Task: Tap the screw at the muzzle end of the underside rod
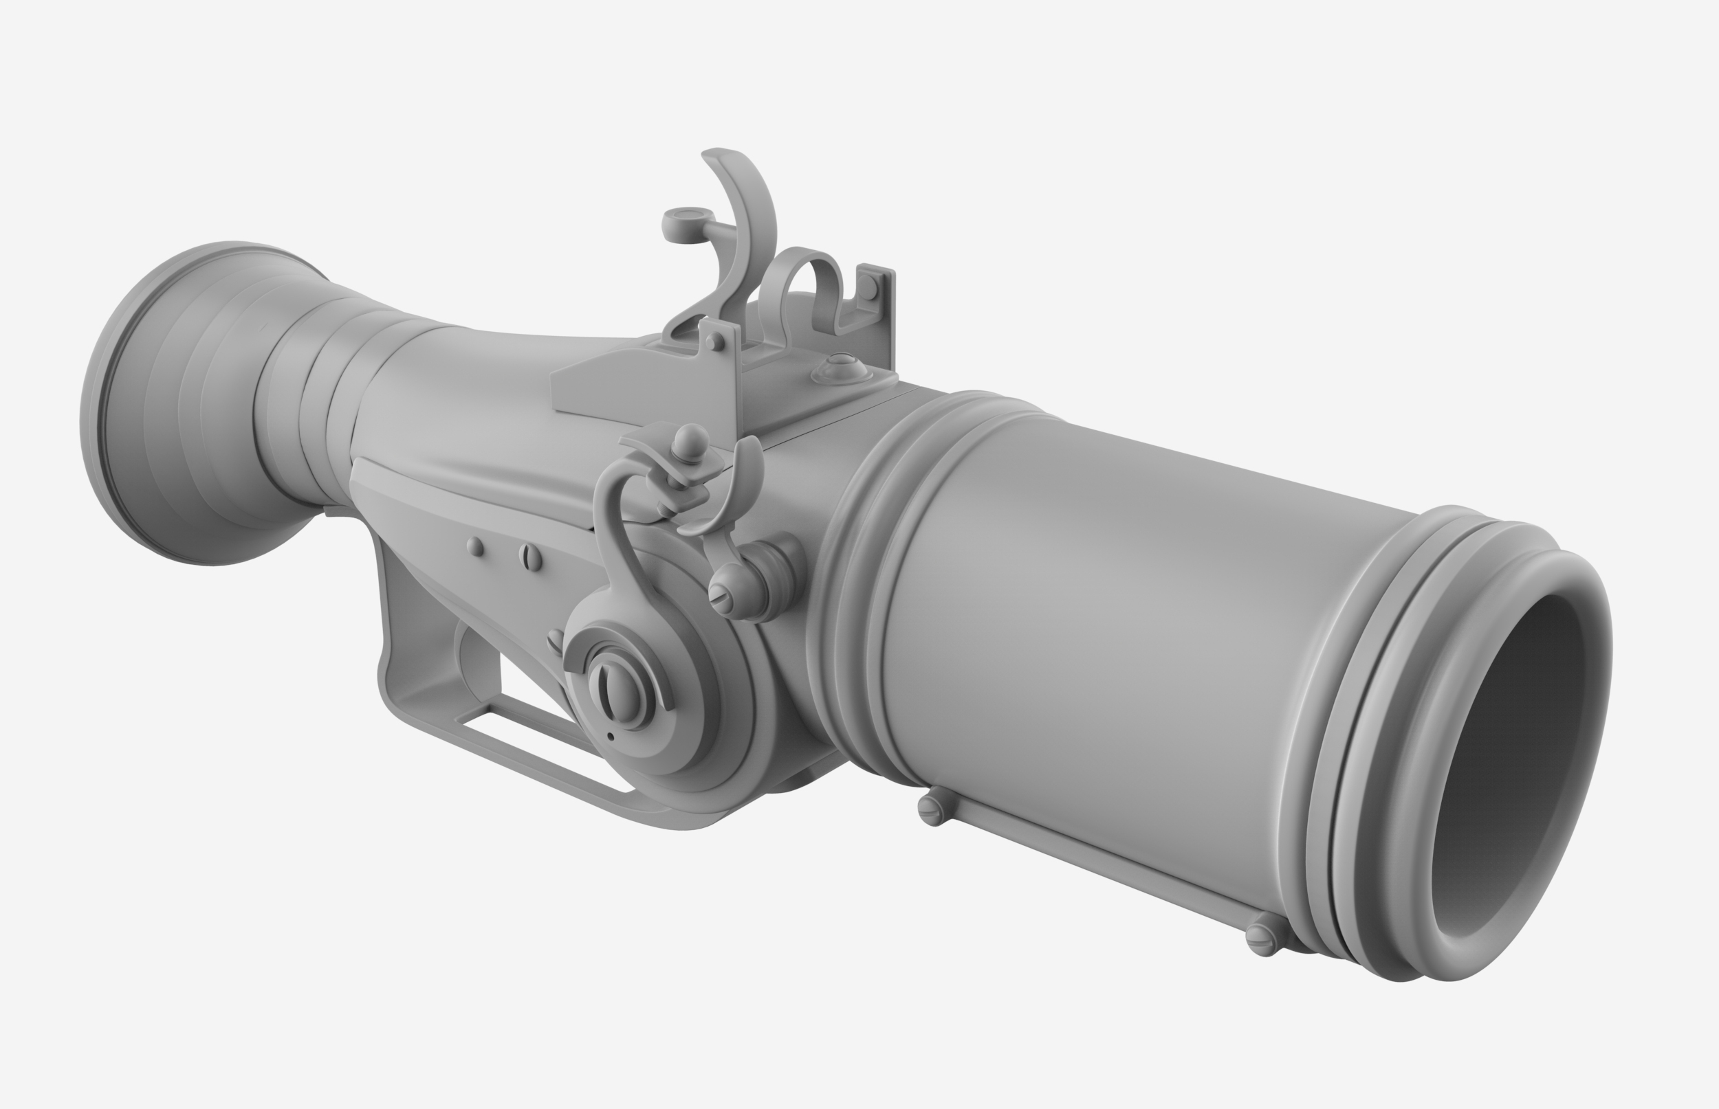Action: click(x=1262, y=937)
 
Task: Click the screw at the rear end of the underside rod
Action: click(x=931, y=809)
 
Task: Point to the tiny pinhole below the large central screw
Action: click(x=610, y=737)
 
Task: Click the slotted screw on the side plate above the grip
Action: click(x=530, y=556)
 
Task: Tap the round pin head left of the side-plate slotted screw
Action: click(x=476, y=546)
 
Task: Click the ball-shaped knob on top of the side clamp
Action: click(x=692, y=437)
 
